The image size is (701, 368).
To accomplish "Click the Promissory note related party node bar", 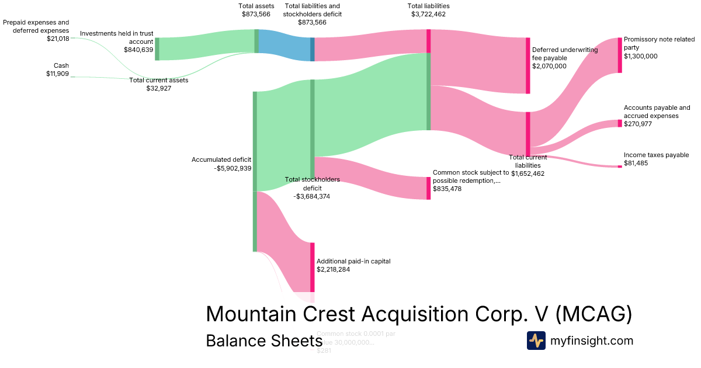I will click(x=620, y=55).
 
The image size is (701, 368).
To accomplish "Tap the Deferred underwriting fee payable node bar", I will click(x=528, y=65).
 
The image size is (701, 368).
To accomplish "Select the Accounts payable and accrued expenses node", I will click(x=620, y=123).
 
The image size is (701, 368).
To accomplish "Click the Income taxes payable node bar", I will click(x=620, y=166).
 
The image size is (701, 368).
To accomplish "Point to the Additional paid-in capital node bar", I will click(x=313, y=267).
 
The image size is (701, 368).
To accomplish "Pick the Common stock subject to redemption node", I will click(x=428, y=188).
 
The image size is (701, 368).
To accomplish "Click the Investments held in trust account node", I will click(x=157, y=49).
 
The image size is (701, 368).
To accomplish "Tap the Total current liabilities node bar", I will click(x=528, y=134).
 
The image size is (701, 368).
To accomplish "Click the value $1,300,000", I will click(x=640, y=56).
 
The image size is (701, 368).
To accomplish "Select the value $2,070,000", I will click(x=549, y=66).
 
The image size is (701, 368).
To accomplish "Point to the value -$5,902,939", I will click(x=232, y=168).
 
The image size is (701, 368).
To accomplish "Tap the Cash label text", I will click(x=61, y=65).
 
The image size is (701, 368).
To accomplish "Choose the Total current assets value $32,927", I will click(x=158, y=88).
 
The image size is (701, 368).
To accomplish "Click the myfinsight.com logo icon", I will click(x=536, y=341).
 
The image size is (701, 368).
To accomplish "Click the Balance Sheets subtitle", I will click(x=260, y=341).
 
